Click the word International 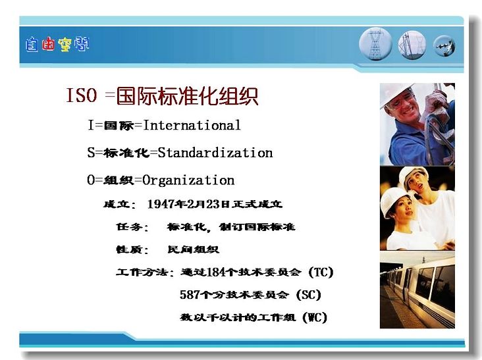(192, 125)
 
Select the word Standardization (215, 153)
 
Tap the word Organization (188, 180)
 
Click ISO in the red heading (82, 95)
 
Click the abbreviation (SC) (309, 295)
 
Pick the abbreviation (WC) (315, 317)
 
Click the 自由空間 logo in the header (57, 45)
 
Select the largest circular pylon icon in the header (375, 44)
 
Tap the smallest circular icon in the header (444, 46)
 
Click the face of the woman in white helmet (403, 209)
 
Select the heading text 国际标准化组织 (187, 96)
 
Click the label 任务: (132, 227)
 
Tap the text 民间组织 (194, 249)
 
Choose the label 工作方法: (145, 272)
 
